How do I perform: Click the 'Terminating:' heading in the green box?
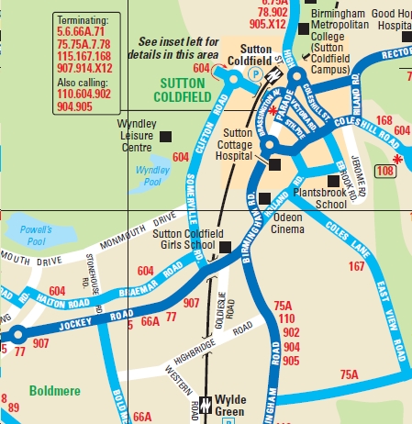point(82,18)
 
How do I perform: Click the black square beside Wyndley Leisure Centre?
point(166,136)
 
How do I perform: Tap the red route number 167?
point(357,267)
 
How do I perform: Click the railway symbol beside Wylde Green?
point(206,402)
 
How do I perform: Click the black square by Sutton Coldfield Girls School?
point(225,247)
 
